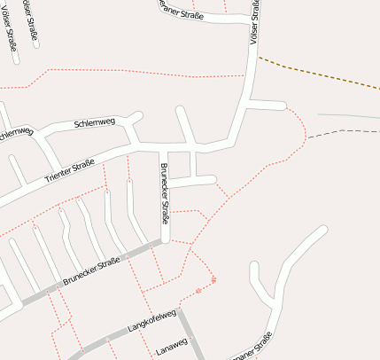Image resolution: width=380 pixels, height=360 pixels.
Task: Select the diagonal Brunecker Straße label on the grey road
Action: point(91,271)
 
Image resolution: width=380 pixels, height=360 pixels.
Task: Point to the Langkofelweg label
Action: point(152,321)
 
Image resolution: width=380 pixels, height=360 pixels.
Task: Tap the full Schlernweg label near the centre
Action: point(95,122)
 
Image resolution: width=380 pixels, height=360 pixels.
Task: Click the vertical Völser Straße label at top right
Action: point(255,22)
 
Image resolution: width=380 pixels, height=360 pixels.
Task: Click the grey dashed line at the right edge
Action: point(354,131)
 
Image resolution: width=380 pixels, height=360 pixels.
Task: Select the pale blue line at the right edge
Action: point(350,115)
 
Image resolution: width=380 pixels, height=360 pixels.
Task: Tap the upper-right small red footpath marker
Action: point(214,280)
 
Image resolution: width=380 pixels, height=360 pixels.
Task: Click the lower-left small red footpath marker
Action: point(198,290)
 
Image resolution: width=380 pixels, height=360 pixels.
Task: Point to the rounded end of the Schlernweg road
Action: point(137,115)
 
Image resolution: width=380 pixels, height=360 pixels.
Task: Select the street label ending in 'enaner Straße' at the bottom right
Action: point(252,348)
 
